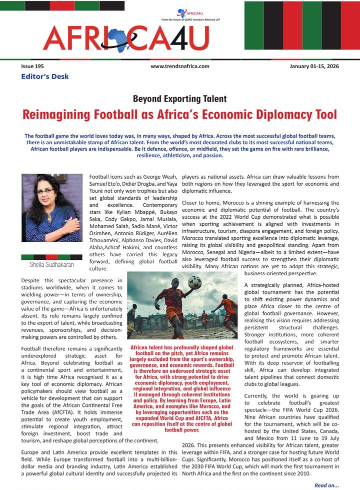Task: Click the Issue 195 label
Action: coord(32,67)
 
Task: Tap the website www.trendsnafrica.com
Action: coord(179,67)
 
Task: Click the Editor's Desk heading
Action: coord(44,77)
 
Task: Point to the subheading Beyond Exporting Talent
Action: coord(179,99)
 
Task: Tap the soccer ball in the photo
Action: coord(194,283)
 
